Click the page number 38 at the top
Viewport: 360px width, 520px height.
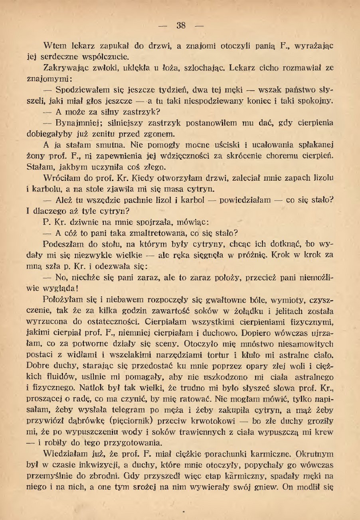coord(181,26)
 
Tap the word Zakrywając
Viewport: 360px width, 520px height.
coord(64,68)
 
